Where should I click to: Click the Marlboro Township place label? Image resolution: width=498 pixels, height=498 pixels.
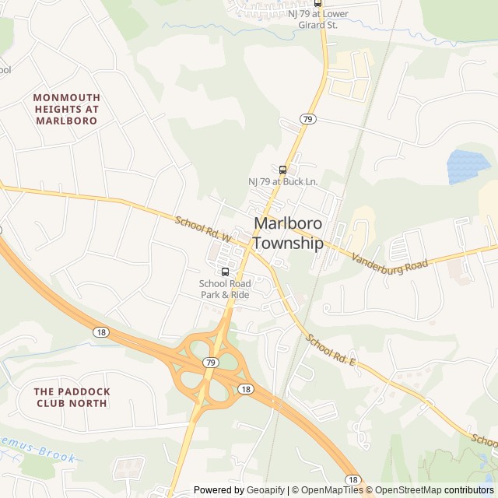pyautogui.click(x=288, y=233)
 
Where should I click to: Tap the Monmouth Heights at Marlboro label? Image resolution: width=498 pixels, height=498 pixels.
pyautogui.click(x=66, y=109)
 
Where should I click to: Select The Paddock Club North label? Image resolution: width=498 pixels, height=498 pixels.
pyautogui.click(x=72, y=397)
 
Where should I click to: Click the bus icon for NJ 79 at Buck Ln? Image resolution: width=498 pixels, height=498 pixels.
pyautogui.click(x=282, y=170)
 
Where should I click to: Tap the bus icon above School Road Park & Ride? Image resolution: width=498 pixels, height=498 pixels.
pyautogui.click(x=225, y=272)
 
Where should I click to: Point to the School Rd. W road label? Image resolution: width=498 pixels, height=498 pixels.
pyautogui.click(x=204, y=229)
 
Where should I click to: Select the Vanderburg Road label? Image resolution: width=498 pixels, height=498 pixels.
pyautogui.click(x=389, y=261)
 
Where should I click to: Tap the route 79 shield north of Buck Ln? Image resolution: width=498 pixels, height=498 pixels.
pyautogui.click(x=307, y=118)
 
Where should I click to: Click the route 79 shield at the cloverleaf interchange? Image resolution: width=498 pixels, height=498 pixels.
pyautogui.click(x=211, y=363)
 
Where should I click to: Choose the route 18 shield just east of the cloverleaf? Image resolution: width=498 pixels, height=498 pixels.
pyautogui.click(x=245, y=389)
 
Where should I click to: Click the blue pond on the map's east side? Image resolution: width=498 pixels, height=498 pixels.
pyautogui.click(x=468, y=166)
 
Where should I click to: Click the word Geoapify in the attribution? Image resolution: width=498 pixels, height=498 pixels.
pyautogui.click(x=265, y=489)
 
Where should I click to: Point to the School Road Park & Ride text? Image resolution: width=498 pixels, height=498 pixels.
pyautogui.click(x=225, y=289)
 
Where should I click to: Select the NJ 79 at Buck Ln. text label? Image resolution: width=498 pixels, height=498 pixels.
pyautogui.click(x=283, y=182)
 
